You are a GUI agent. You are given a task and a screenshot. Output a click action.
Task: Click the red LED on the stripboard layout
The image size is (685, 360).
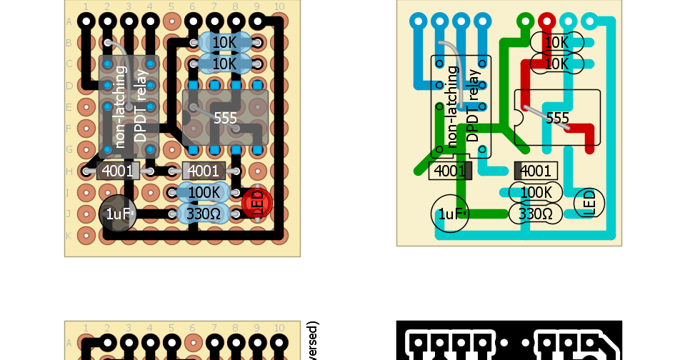257,204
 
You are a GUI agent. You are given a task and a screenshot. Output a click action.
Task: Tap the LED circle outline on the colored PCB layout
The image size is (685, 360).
589,204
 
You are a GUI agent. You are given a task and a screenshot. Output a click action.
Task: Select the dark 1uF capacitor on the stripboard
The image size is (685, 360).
118,214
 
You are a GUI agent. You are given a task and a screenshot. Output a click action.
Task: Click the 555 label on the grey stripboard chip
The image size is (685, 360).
226,118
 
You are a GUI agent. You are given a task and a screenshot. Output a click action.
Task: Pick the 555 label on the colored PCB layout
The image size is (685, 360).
557,118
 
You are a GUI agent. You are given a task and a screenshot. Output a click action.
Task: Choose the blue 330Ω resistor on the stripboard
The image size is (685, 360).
204,214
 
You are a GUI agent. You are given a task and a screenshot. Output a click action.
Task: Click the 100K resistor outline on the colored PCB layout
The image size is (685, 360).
536,192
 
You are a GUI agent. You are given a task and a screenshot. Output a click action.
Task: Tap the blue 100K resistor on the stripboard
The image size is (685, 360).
204,192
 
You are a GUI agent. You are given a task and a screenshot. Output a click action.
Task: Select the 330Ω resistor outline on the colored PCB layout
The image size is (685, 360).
536,214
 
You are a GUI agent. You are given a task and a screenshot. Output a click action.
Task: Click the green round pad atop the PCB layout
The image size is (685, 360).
526,21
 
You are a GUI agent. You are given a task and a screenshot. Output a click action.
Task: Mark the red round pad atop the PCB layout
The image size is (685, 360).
547,21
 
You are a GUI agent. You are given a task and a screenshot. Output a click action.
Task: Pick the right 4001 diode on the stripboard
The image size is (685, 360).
204,171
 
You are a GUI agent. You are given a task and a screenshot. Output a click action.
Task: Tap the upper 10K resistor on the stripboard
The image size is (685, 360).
224,42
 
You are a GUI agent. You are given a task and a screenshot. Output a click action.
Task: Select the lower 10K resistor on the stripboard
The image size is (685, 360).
224,64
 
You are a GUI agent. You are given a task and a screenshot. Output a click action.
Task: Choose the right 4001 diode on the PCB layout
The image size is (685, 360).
536,171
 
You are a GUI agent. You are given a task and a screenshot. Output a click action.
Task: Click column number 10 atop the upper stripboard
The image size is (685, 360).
279,6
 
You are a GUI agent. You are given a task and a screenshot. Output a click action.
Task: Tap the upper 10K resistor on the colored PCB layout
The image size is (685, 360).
557,42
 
